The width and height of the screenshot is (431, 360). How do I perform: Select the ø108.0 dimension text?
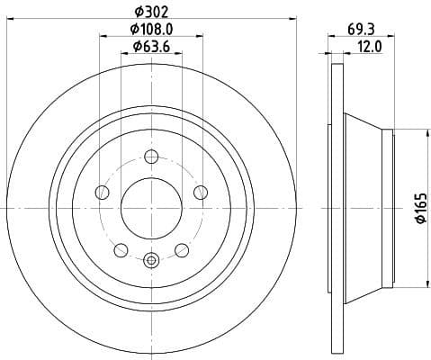point(150,29)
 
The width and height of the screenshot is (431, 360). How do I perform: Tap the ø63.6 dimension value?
point(150,46)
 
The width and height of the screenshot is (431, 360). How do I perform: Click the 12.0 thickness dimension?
point(371,45)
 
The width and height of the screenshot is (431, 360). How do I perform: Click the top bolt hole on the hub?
point(150,159)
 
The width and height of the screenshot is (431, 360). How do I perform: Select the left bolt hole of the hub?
point(102,193)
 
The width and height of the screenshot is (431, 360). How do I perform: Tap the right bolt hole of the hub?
point(199,193)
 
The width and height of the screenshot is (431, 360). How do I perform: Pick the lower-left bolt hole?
point(121,249)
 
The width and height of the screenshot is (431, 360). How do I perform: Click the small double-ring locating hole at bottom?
point(150,261)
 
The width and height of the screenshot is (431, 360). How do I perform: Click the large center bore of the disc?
point(150,208)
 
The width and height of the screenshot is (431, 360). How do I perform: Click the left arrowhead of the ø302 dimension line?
point(10,21)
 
